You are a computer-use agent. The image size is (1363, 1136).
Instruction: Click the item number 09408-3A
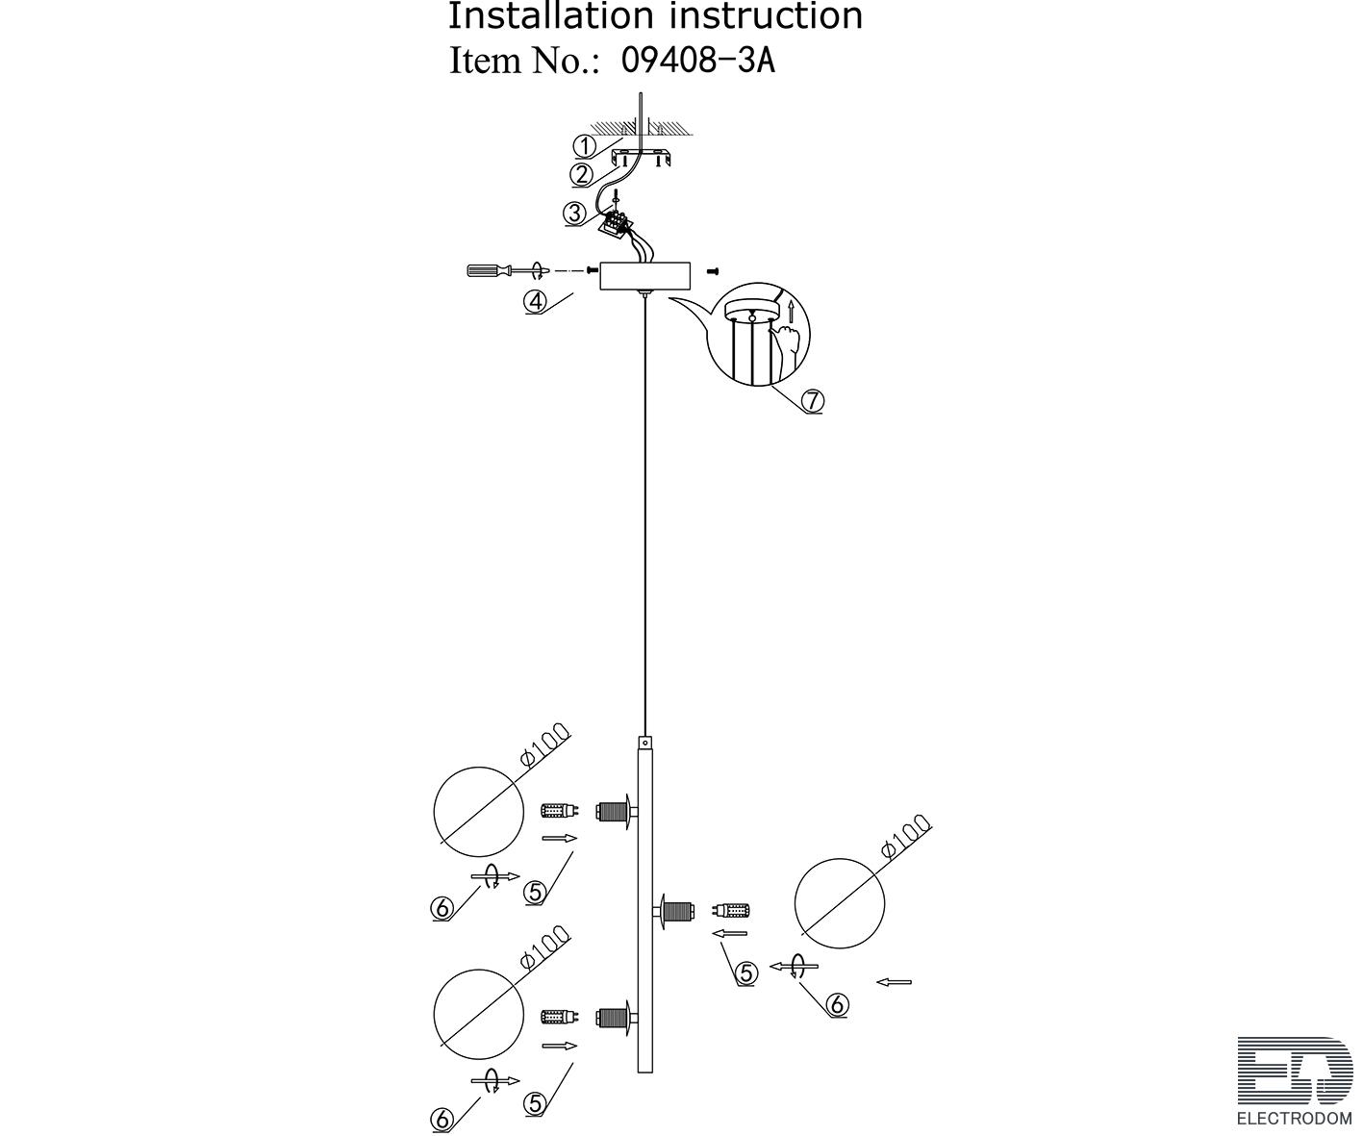698,61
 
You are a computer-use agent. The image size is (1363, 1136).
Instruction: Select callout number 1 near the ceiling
584,146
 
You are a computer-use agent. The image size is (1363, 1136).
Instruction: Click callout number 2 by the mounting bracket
582,174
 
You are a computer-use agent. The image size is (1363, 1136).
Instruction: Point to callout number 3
575,214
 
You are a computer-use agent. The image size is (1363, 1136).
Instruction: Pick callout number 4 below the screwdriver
535,301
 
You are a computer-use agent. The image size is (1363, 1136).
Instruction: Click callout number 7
813,400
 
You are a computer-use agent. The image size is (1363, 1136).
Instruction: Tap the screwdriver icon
504,271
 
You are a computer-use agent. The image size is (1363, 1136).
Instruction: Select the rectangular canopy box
644,275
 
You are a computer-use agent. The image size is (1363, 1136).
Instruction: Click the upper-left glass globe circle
478,811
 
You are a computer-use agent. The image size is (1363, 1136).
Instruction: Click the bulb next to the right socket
731,910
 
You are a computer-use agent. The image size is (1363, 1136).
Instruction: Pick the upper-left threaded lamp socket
613,811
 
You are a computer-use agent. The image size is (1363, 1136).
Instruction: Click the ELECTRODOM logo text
1294,1118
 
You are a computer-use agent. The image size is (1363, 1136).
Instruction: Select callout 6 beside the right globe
837,1005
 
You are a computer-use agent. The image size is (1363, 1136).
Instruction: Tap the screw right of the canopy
714,272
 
